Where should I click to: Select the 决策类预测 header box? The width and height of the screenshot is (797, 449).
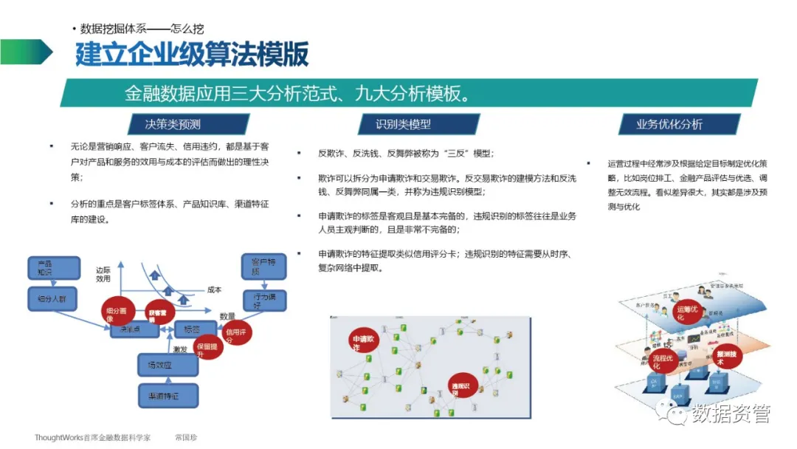[x=173, y=124]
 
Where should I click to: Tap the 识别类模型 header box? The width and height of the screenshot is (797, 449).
[x=403, y=124]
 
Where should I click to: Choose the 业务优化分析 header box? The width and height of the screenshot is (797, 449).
[x=669, y=124]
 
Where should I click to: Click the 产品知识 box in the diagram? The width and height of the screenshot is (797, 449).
[x=54, y=268]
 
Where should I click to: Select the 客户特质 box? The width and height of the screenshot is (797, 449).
[x=263, y=267]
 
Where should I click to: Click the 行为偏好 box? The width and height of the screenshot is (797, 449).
[x=263, y=301]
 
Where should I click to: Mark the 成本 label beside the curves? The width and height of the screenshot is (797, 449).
[x=214, y=290]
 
